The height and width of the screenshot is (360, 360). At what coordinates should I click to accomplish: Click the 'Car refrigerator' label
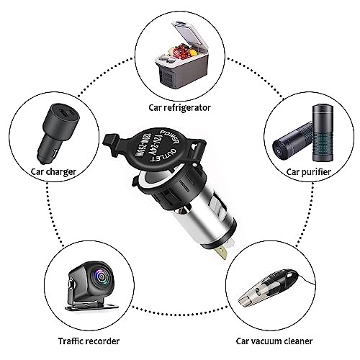point(180,107)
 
